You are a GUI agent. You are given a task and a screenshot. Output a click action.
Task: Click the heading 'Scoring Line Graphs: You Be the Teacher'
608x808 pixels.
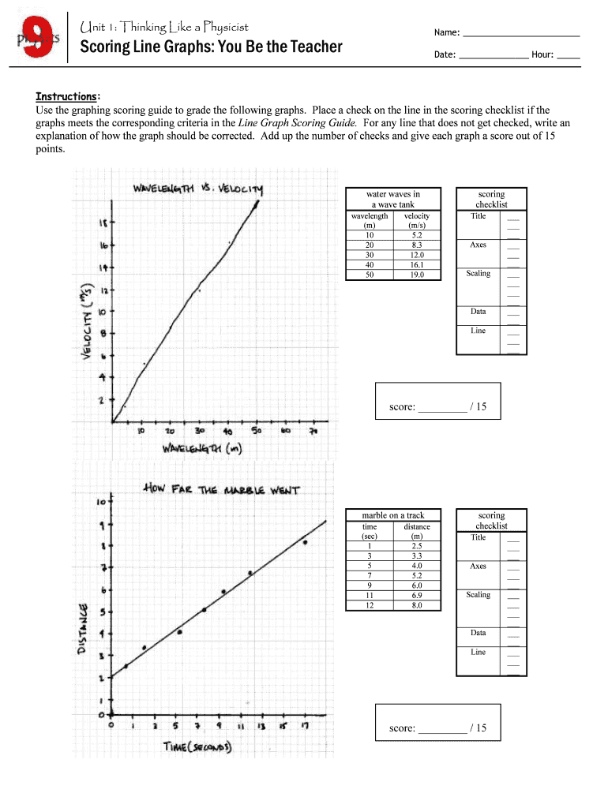point(211,47)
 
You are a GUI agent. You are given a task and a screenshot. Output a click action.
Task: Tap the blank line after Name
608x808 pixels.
point(521,34)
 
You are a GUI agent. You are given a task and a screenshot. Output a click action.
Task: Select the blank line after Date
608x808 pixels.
point(494,56)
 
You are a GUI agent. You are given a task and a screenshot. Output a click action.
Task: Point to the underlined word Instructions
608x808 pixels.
point(66,96)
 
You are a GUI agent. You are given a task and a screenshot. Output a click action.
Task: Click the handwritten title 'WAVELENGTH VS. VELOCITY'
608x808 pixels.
point(198,189)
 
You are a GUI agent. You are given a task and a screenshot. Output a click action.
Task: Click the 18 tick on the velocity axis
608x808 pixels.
point(103,223)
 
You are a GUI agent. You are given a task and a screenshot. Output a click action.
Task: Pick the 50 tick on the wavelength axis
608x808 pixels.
point(257,432)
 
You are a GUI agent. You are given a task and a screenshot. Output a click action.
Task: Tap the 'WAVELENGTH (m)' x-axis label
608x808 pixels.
point(201,449)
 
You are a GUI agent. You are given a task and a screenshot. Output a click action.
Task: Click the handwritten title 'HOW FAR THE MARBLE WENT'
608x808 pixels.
point(221,489)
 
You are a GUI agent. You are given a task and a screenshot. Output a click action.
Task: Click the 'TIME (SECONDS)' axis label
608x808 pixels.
point(197,746)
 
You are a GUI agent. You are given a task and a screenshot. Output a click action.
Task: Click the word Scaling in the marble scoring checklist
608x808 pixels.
point(478,595)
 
